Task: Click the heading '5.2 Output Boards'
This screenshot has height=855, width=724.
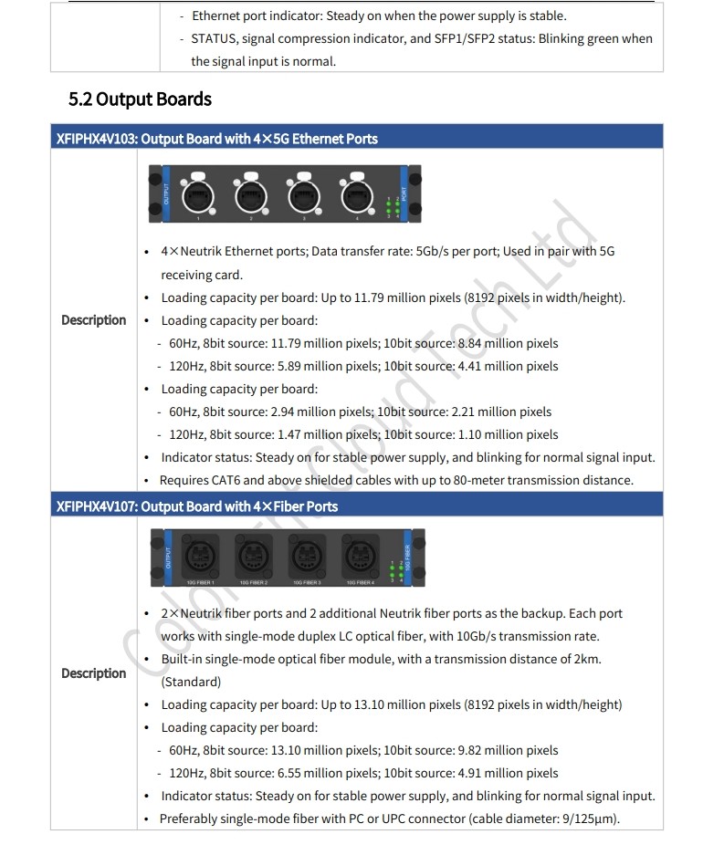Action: tap(140, 99)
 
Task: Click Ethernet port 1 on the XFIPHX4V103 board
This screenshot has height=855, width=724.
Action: tap(197, 194)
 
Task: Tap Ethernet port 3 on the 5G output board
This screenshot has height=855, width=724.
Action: tap(304, 194)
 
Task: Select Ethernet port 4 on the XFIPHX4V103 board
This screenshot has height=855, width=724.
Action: tap(357, 194)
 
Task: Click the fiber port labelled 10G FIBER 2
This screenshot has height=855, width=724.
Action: tap(253, 557)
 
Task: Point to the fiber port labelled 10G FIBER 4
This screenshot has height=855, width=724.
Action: tap(360, 557)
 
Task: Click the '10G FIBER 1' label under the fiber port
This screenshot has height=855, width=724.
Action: tap(200, 583)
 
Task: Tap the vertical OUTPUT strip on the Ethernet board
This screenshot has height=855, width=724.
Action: tap(166, 194)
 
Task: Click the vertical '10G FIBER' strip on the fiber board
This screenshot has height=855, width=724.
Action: tap(407, 558)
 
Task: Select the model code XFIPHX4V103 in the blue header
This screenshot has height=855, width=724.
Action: tap(96, 139)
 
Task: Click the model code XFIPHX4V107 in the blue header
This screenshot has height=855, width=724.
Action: tap(96, 507)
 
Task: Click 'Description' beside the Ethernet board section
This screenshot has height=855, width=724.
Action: tap(93, 320)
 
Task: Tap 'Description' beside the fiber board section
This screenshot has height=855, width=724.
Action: tap(93, 673)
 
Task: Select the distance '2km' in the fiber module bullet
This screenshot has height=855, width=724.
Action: tap(586, 659)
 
